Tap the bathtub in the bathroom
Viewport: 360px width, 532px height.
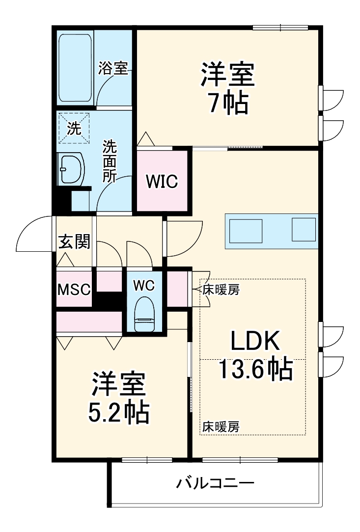tap(75, 67)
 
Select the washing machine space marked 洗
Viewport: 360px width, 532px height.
tap(75, 129)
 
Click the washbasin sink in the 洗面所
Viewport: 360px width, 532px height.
tap(71, 169)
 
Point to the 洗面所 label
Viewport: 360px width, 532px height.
tap(109, 161)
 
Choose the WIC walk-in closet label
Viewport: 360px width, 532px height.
tap(161, 182)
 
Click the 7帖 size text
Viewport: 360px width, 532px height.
tap(226, 102)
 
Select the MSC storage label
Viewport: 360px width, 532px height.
tap(74, 289)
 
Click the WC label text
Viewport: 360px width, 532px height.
tap(144, 285)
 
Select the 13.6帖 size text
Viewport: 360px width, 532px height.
tap(255, 369)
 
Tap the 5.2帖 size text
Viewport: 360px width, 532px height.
tap(118, 413)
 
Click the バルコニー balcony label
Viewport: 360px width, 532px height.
tap(215, 484)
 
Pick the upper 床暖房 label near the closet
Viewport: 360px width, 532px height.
tap(221, 290)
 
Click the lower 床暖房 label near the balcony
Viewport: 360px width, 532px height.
tap(221, 427)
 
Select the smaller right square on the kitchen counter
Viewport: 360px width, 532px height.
tap(304, 229)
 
